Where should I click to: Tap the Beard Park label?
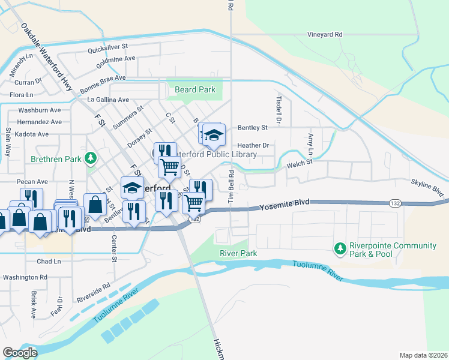point(194,90)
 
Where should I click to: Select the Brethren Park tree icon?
point(90,158)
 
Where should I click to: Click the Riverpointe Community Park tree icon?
point(340,248)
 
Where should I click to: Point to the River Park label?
point(238,254)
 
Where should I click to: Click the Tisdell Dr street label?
point(279,109)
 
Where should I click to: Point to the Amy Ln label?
point(310,142)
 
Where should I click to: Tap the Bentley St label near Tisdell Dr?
point(252,128)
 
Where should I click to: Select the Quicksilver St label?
point(108,46)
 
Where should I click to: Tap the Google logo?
point(20,352)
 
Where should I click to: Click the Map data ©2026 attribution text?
point(423,355)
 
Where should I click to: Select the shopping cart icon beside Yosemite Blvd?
point(193,203)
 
